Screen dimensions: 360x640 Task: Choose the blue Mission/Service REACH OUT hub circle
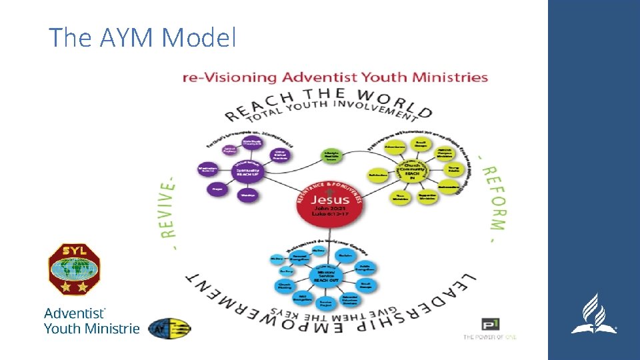327,275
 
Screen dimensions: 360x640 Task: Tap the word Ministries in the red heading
451,77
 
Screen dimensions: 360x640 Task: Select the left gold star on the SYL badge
66,287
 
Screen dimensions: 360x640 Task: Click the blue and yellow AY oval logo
169,328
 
